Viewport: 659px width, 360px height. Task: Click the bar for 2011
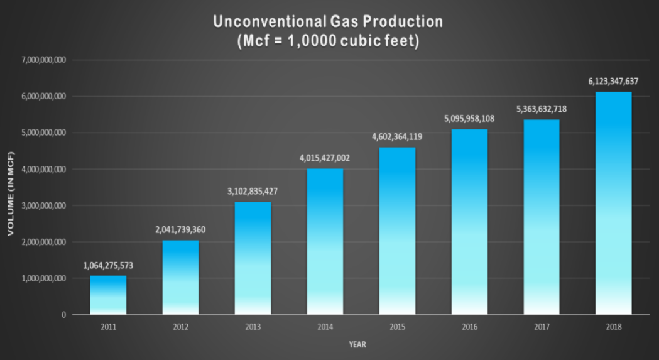[x=108, y=295]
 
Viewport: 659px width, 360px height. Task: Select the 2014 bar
[x=325, y=241]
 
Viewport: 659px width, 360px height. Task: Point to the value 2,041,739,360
[x=180, y=231]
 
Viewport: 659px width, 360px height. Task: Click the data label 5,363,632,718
[x=542, y=109]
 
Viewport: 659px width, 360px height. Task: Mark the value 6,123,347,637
[x=614, y=81]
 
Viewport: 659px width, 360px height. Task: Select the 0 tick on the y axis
[x=64, y=315]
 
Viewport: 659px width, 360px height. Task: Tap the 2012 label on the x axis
[x=180, y=327]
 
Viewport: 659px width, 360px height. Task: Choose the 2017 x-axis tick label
[x=542, y=327]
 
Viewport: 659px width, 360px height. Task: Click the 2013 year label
[x=253, y=327]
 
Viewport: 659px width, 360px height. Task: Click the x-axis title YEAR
[x=357, y=344]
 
